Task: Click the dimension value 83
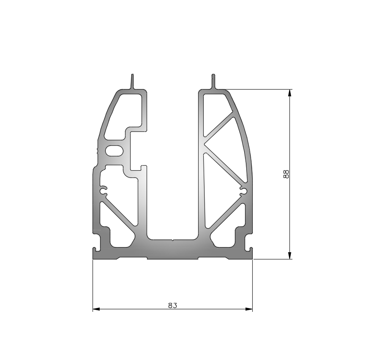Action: click(x=172, y=305)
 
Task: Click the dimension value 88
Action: click(x=286, y=175)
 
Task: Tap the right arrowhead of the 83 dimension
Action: click(x=249, y=309)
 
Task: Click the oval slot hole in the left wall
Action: click(x=114, y=151)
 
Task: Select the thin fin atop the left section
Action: click(x=133, y=82)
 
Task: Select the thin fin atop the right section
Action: click(x=213, y=82)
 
